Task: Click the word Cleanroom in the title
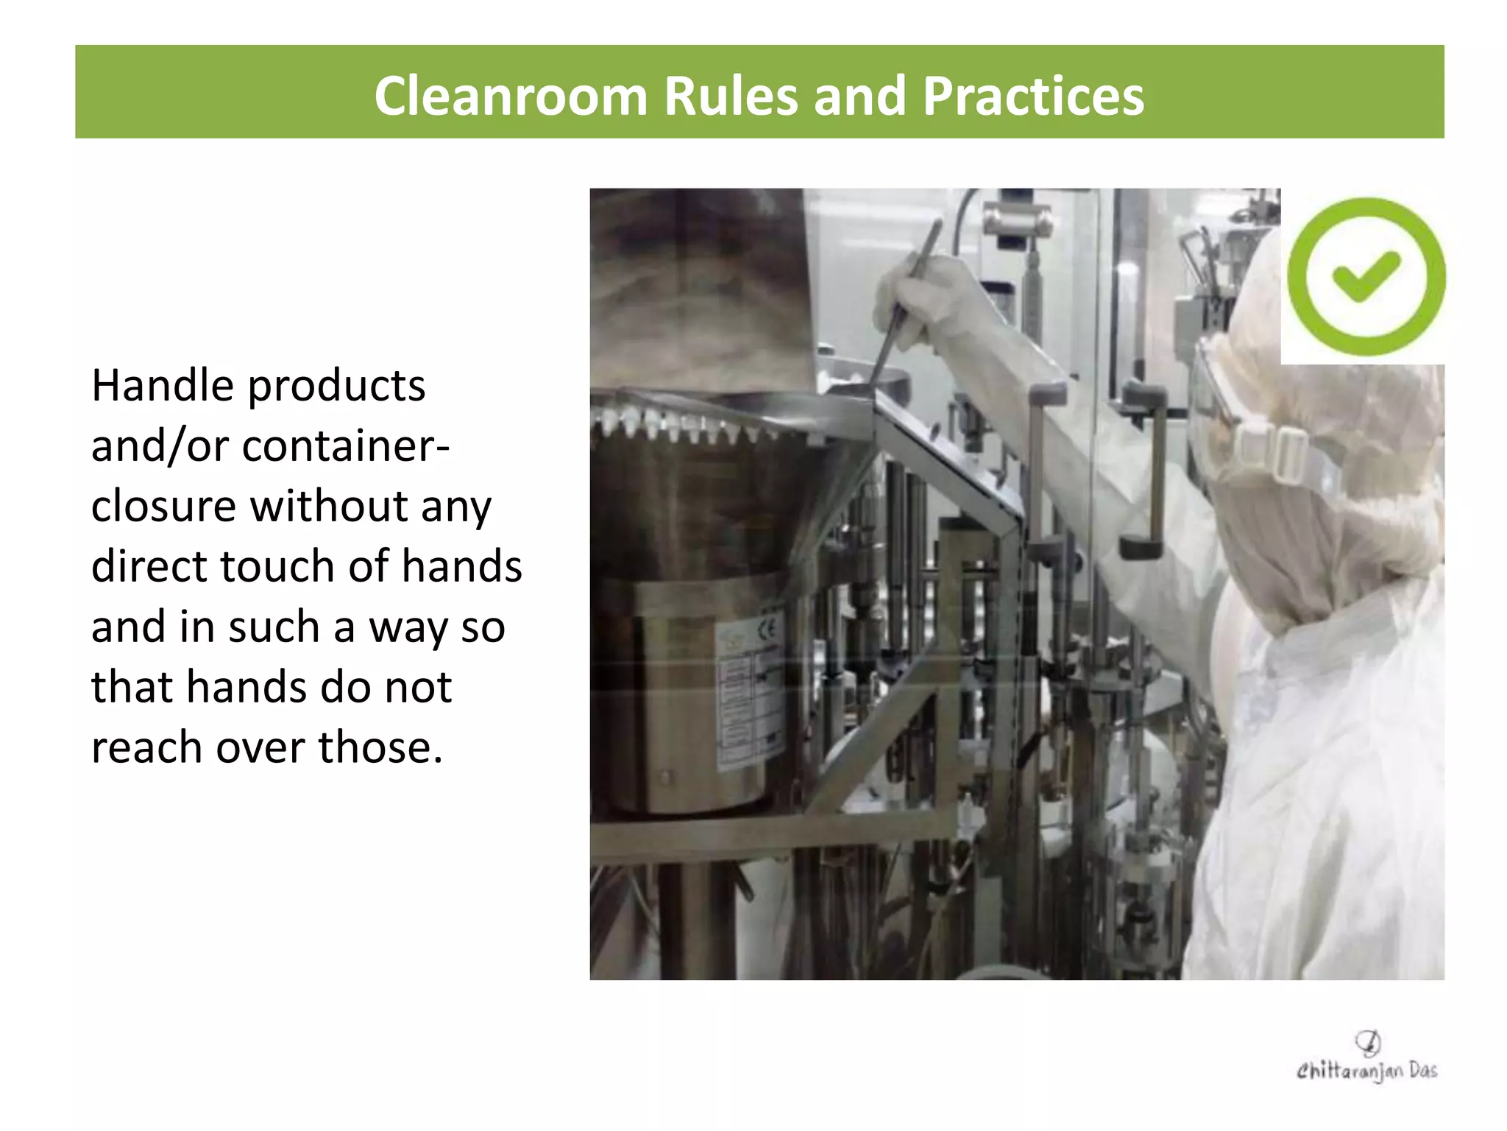[510, 96]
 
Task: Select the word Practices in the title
[1033, 96]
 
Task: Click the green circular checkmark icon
[1366, 277]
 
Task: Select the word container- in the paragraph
[345, 445]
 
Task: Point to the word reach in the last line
[146, 747]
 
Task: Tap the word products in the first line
[336, 387]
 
